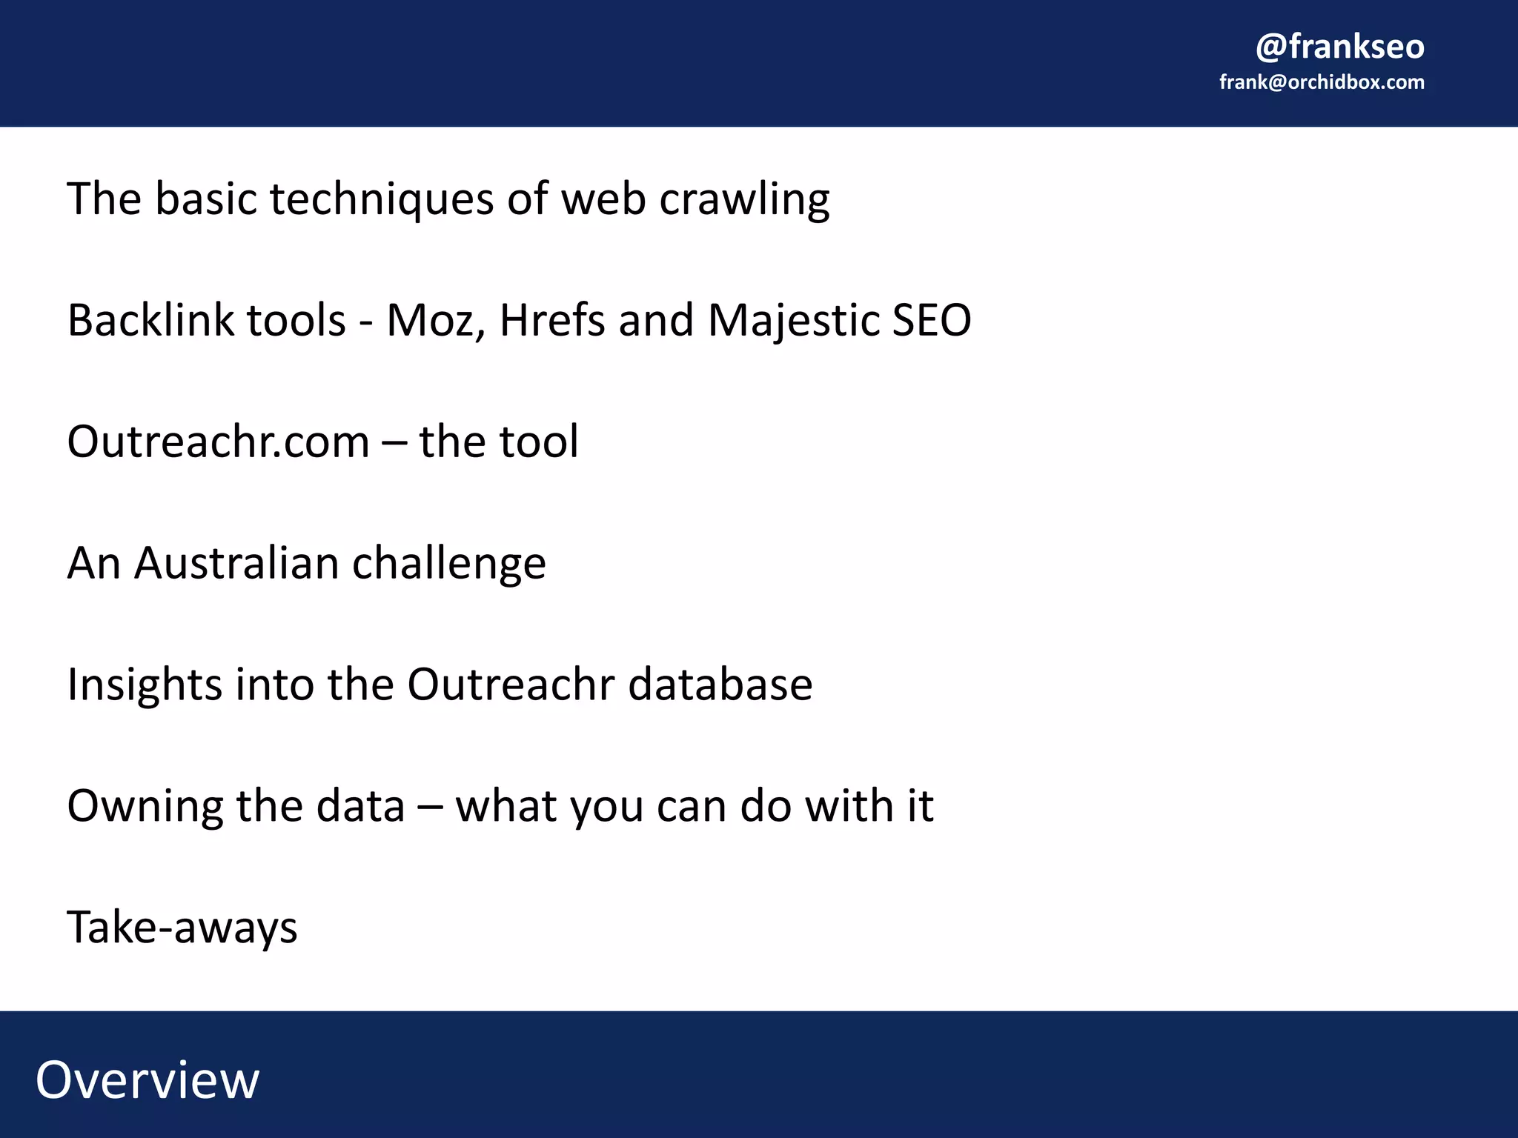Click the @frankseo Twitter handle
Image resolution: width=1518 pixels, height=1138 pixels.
(x=1339, y=47)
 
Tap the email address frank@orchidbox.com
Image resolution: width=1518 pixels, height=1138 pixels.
(x=1322, y=82)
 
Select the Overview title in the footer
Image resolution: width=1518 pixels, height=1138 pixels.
(x=148, y=1079)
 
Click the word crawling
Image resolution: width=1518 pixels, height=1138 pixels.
(x=744, y=200)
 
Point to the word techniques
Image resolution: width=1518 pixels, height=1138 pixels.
(x=381, y=200)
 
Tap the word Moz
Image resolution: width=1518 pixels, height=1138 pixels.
(x=436, y=322)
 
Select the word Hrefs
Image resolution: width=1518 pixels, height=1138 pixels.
(x=552, y=320)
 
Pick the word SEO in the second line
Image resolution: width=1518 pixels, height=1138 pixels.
(x=931, y=320)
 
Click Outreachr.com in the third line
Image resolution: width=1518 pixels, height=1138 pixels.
(x=218, y=442)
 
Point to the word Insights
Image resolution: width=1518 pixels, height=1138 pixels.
(x=144, y=685)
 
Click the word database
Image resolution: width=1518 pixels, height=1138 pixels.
(x=720, y=685)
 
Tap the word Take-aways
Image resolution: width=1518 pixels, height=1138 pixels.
(x=182, y=928)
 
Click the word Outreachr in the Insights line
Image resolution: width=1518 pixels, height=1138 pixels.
(x=511, y=685)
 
